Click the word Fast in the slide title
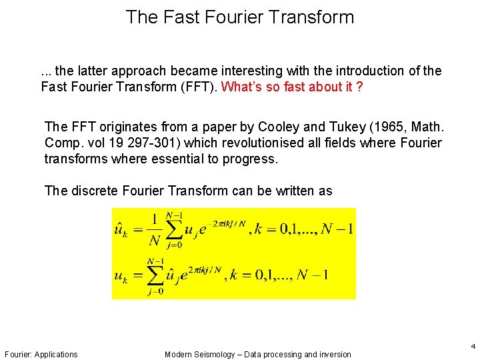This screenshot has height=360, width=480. click(175, 17)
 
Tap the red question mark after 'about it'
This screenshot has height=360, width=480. click(359, 87)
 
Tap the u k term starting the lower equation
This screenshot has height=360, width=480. click(121, 275)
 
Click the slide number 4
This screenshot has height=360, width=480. click(473, 346)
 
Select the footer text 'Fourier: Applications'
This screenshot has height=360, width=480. click(41, 355)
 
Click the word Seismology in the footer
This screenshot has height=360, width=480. click(213, 355)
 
